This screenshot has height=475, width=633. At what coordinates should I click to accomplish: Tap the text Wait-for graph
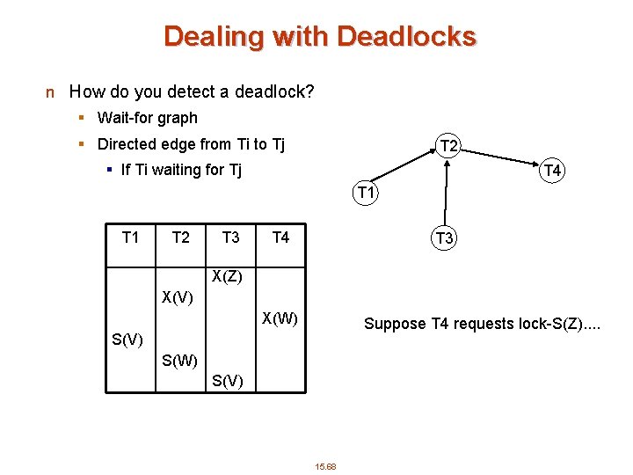pyautogui.click(x=147, y=118)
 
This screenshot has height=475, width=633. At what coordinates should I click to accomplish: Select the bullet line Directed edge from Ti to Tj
pyautogui.click(x=191, y=144)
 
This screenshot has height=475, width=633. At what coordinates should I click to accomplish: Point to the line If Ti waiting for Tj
pyautogui.click(x=180, y=170)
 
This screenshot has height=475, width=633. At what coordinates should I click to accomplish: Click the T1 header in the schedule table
pyautogui.click(x=130, y=237)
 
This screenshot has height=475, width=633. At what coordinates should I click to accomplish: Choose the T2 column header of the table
pyautogui.click(x=180, y=237)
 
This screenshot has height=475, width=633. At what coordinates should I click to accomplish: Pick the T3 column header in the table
pyautogui.click(x=230, y=237)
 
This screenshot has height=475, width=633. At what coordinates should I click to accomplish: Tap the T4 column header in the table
pyautogui.click(x=280, y=237)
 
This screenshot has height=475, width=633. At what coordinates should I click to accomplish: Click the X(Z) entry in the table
pyautogui.click(x=228, y=277)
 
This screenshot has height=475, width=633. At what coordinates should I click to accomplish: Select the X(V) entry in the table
pyautogui.click(x=178, y=297)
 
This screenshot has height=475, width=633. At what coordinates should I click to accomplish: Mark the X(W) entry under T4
pyautogui.click(x=280, y=318)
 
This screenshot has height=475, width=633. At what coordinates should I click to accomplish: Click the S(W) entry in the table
pyautogui.click(x=179, y=360)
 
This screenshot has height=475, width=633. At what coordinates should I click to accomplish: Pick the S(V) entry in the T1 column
pyautogui.click(x=128, y=340)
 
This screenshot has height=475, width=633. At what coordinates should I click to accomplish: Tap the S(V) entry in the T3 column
pyautogui.click(x=229, y=380)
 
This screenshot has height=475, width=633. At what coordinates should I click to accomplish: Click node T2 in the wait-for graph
pyautogui.click(x=448, y=146)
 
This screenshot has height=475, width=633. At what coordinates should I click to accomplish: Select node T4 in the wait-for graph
pyautogui.click(x=552, y=171)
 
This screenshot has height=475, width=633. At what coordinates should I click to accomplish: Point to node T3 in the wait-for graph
pyautogui.click(x=444, y=237)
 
